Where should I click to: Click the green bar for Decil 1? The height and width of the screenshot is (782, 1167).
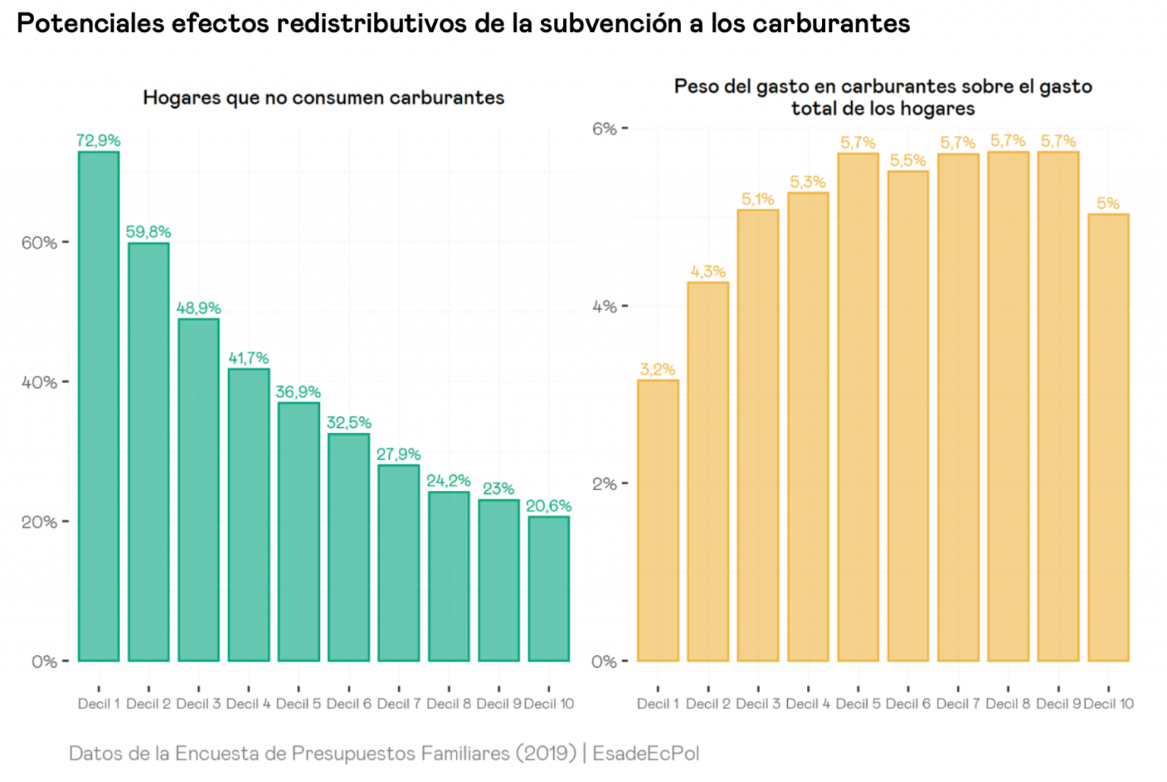(x=99, y=407)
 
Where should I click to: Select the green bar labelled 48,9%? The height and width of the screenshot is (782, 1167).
(x=198, y=490)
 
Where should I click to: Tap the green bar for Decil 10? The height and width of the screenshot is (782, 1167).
(x=549, y=589)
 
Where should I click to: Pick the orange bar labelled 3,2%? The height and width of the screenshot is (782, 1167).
(x=658, y=521)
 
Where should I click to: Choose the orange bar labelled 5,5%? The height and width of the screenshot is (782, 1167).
(x=908, y=416)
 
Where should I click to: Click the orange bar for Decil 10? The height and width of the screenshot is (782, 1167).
(x=1108, y=437)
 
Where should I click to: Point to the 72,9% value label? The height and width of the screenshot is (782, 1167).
(x=99, y=141)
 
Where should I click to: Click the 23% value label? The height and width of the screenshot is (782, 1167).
(x=498, y=489)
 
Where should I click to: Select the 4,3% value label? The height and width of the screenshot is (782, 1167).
(x=708, y=271)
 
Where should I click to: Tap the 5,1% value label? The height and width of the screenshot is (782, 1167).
(x=757, y=199)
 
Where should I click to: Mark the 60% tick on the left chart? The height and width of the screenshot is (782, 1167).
(x=40, y=242)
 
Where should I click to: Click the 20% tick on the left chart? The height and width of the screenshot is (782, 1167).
(x=40, y=522)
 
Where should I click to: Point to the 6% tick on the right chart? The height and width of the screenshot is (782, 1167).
(x=605, y=128)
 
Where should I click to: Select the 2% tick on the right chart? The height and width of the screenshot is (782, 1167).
(x=605, y=483)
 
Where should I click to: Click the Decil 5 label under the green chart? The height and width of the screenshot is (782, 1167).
(x=299, y=704)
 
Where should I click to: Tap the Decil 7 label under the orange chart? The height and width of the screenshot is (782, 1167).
(x=958, y=704)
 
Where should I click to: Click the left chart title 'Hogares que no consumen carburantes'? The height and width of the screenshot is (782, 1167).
(x=324, y=98)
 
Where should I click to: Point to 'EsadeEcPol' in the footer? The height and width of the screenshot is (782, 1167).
(x=646, y=753)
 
